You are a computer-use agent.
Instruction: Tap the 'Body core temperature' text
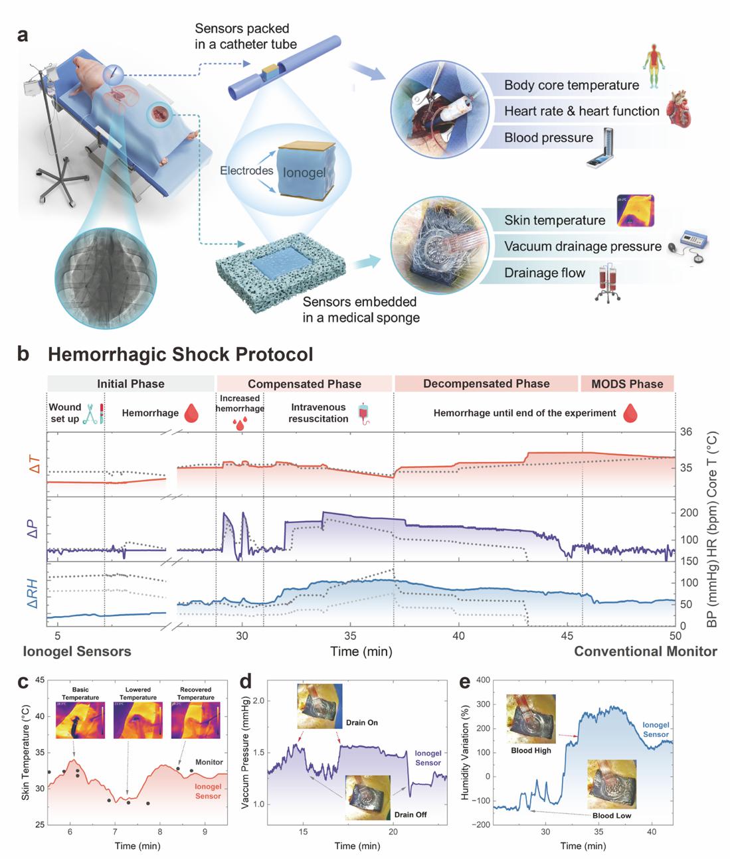click(x=571, y=85)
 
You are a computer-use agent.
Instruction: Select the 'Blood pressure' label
click(x=548, y=137)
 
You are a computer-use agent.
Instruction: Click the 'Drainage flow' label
click(x=545, y=273)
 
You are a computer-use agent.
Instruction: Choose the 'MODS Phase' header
click(x=627, y=384)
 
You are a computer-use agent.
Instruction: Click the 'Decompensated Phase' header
click(x=486, y=384)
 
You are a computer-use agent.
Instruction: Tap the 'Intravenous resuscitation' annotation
click(x=319, y=413)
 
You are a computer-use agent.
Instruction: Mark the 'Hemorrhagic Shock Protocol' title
click(x=180, y=354)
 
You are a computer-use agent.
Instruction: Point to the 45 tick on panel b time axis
click(x=567, y=636)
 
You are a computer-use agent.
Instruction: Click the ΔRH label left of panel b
click(x=32, y=594)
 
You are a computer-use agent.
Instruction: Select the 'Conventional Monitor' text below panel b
click(x=645, y=651)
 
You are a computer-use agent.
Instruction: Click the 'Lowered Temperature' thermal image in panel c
click(x=138, y=720)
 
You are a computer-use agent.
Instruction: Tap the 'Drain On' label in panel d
click(x=362, y=722)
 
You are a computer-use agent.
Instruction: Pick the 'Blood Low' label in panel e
click(x=612, y=815)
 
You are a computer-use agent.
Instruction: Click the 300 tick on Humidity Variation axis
click(x=482, y=704)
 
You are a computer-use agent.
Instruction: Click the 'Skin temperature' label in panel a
click(x=555, y=220)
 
